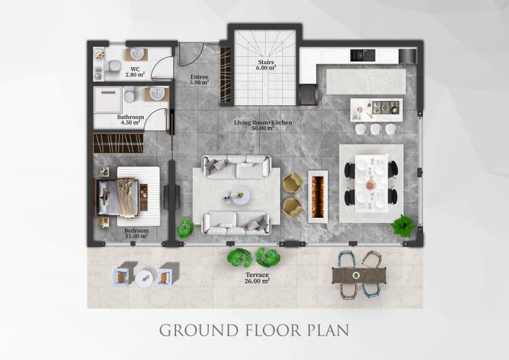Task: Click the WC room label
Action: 135,69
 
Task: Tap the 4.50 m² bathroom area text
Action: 131,123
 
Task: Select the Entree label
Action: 199,77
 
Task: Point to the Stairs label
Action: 265,63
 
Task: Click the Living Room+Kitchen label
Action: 263,123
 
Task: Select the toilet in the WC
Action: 112,67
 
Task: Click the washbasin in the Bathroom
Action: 155,95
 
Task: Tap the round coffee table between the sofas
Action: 239,193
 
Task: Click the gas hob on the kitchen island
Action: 385,108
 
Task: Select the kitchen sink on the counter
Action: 359,55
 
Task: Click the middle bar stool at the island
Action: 375,129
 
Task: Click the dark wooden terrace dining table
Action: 360,274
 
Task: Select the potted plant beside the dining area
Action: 402,227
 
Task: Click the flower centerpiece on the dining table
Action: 371,185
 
